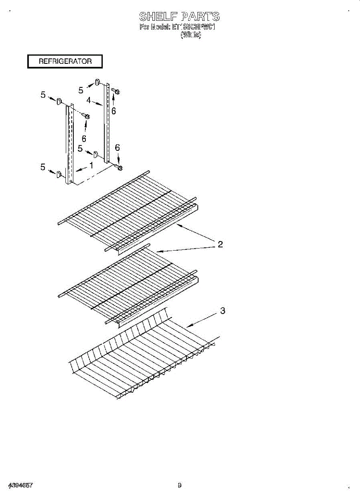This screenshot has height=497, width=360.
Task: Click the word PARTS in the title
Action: [199, 17]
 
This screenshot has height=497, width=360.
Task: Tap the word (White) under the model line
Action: [191, 36]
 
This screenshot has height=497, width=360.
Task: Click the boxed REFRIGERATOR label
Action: [65, 61]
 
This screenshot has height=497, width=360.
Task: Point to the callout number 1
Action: [91, 165]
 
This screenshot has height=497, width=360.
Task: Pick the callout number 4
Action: [89, 100]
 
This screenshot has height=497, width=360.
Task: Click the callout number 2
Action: [220, 244]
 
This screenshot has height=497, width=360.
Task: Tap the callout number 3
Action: [222, 310]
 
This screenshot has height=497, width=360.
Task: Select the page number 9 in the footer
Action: [179, 485]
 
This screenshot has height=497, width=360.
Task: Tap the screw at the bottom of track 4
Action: [119, 168]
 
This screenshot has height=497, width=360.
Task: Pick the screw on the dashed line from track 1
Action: [87, 117]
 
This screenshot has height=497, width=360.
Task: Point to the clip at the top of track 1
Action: [59, 101]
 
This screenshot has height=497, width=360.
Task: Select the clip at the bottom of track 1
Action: [60, 174]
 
